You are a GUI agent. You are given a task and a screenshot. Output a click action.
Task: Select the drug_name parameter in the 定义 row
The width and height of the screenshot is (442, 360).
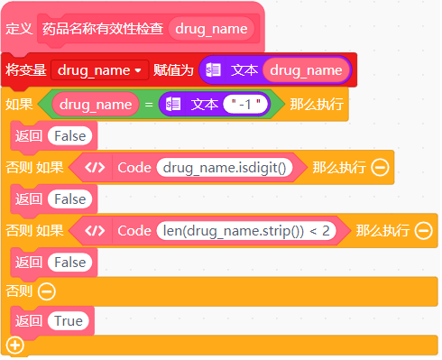click(x=211, y=29)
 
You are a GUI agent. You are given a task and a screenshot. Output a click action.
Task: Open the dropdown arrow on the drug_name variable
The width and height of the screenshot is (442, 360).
click(x=138, y=69)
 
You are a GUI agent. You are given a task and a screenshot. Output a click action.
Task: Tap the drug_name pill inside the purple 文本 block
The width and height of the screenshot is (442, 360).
click(x=306, y=69)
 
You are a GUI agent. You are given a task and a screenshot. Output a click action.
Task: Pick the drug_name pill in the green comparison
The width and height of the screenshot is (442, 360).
click(x=97, y=105)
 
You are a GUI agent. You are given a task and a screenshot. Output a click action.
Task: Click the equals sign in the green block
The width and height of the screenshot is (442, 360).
click(x=147, y=105)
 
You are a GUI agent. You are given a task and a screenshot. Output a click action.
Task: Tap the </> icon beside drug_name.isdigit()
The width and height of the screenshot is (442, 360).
click(x=95, y=167)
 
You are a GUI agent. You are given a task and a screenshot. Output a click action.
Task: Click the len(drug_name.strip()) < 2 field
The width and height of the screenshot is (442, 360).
click(x=246, y=230)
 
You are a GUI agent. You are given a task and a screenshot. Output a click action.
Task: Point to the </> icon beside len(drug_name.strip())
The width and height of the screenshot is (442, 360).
click(x=95, y=230)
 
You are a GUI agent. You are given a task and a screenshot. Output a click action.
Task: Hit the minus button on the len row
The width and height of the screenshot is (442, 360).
click(x=424, y=230)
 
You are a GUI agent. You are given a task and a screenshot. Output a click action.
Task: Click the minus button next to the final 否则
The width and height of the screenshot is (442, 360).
click(x=47, y=291)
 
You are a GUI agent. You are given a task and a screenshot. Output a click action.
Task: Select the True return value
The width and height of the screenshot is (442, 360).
click(x=69, y=320)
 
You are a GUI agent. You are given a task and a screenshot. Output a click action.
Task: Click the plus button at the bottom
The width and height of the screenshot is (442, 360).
click(x=14, y=346)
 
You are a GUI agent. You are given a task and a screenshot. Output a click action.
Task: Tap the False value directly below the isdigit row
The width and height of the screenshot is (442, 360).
click(x=69, y=198)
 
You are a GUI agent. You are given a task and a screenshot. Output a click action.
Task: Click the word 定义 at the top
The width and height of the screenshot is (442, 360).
click(x=19, y=29)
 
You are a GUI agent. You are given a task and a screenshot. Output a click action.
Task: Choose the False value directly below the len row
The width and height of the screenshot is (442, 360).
click(x=69, y=261)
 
